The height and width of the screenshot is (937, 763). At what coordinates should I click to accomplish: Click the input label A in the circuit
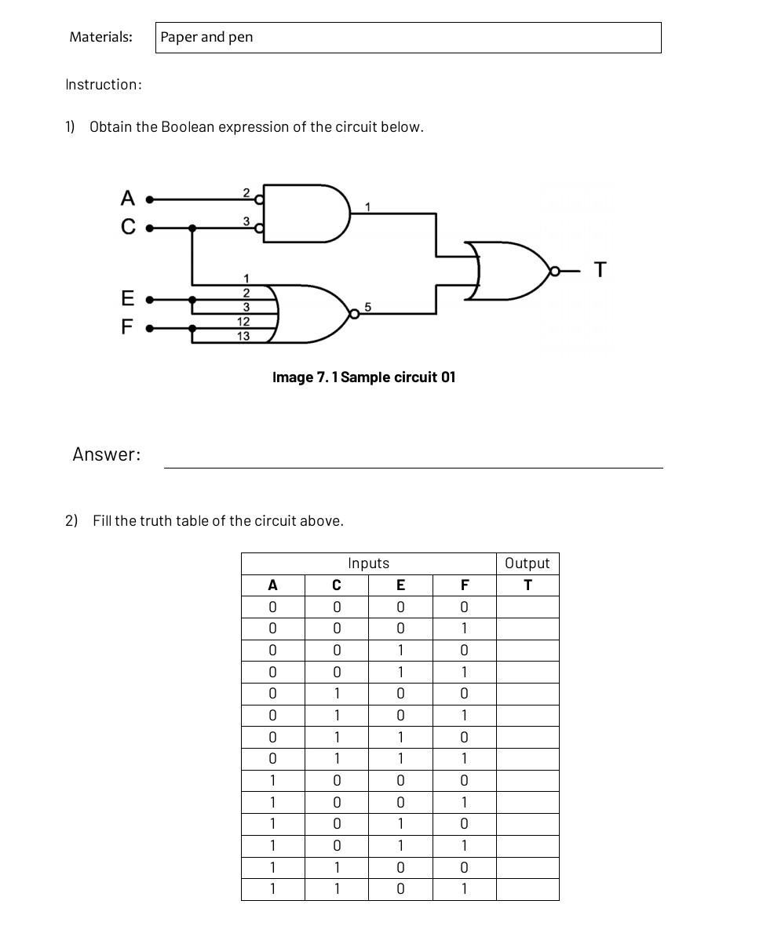(128, 199)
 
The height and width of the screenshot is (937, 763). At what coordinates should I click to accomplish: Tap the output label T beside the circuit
(601, 270)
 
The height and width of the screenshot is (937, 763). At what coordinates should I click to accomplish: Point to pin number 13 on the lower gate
(243, 336)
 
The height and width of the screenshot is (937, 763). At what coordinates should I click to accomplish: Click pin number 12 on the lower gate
(243, 322)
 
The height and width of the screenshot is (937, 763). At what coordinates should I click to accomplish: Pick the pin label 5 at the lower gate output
(367, 307)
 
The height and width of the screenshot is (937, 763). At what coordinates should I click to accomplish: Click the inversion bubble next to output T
(555, 272)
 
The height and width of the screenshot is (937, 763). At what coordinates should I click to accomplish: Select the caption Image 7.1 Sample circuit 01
(363, 377)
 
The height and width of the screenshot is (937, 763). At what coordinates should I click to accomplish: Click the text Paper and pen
(206, 38)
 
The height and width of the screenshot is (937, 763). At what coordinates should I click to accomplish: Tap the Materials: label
(100, 37)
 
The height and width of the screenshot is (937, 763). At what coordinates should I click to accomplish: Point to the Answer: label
(106, 454)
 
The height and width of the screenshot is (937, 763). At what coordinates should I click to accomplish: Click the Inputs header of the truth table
(368, 563)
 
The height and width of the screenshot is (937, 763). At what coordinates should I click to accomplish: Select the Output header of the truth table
(528, 563)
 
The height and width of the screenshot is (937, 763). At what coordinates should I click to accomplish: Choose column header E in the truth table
(400, 585)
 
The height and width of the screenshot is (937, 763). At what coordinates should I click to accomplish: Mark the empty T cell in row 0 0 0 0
(528, 607)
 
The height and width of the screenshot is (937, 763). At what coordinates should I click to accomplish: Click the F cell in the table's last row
(464, 889)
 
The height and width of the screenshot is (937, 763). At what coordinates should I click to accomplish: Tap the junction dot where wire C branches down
(192, 228)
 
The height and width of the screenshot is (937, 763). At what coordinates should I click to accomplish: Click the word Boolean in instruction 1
(188, 127)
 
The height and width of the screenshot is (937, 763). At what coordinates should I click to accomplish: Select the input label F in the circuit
(127, 326)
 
